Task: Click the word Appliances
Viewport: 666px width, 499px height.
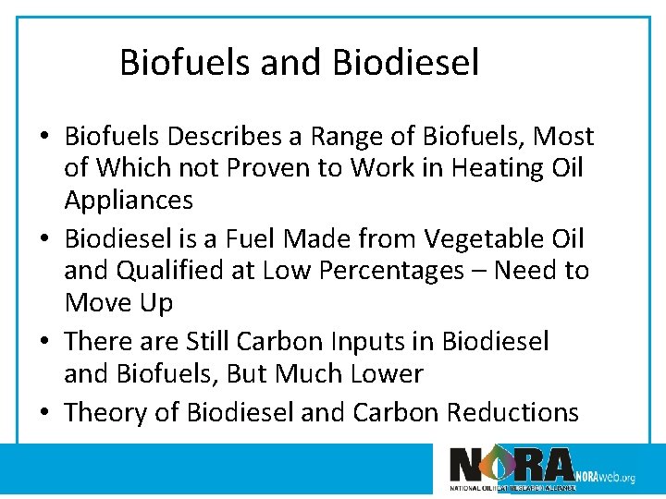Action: click(129, 201)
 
